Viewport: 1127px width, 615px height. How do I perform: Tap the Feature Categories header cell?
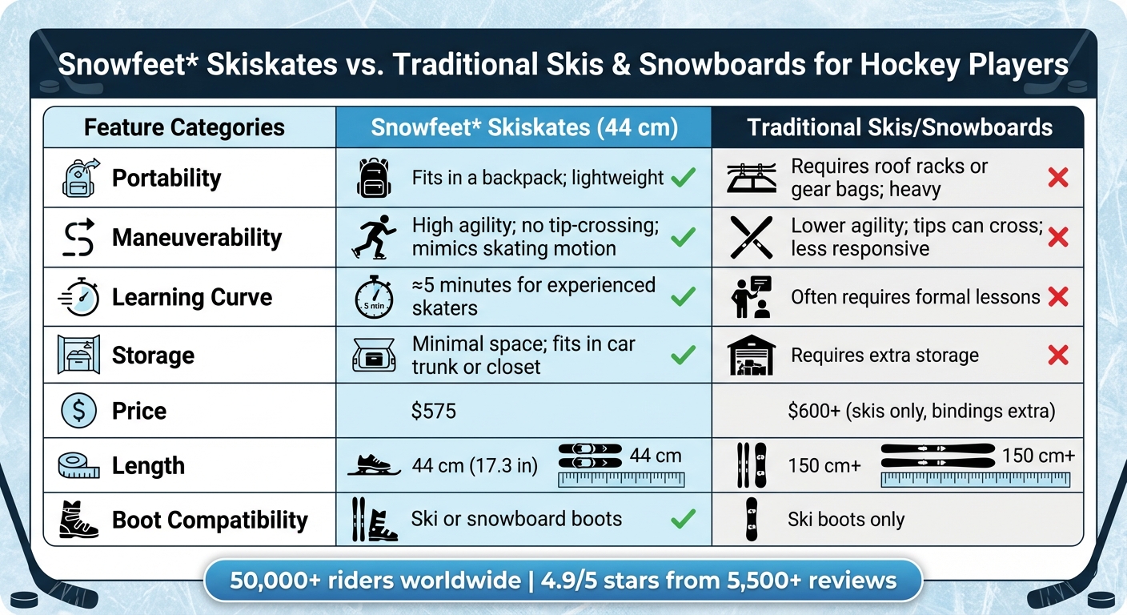click(184, 127)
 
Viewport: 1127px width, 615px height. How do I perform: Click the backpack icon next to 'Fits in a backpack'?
click(373, 178)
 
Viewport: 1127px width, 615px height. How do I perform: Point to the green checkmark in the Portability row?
click(683, 178)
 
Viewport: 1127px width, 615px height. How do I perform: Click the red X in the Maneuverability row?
click(1057, 237)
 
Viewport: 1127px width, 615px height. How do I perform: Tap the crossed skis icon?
click(752, 237)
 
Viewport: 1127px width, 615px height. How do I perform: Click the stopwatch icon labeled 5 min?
click(373, 297)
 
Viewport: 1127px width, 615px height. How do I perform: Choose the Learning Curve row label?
click(192, 297)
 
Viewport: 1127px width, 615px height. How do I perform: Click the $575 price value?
click(433, 412)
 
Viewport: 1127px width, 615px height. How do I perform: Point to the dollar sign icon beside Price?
click(79, 411)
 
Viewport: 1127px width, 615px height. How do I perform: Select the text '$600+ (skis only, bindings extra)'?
click(921, 412)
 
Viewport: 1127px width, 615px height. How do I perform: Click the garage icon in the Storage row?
click(751, 356)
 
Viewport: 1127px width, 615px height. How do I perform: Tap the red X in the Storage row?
click(1057, 356)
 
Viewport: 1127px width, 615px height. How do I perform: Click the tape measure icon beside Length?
click(79, 465)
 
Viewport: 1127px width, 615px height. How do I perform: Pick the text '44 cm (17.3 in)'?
click(475, 465)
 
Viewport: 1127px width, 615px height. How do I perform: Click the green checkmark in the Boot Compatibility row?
click(683, 520)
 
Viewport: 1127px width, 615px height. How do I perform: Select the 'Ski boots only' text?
click(846, 520)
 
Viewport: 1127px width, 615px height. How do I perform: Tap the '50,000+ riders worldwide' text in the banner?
click(375, 581)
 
